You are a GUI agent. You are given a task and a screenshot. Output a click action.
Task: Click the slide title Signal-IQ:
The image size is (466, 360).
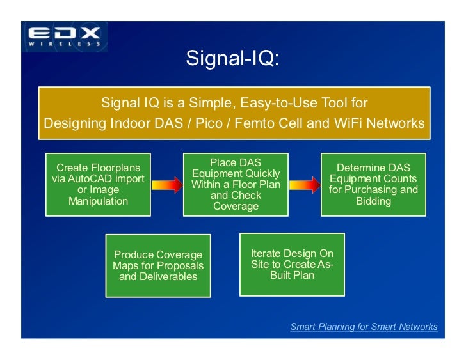point(232,58)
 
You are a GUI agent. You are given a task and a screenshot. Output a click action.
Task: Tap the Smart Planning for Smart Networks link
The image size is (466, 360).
point(364,327)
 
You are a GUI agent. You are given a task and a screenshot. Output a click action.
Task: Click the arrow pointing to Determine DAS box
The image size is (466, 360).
point(304,185)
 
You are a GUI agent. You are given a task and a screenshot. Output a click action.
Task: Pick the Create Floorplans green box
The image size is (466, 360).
point(98,184)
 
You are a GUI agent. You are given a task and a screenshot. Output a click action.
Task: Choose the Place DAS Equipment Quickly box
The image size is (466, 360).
point(236,184)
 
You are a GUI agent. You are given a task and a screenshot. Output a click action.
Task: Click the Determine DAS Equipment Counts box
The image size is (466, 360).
point(373,184)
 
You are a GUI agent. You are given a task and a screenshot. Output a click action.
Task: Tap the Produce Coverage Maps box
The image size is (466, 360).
point(158,265)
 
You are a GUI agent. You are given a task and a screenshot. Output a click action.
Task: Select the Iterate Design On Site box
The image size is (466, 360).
point(292,265)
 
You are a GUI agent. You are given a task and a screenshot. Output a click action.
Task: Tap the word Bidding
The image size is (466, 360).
point(373,201)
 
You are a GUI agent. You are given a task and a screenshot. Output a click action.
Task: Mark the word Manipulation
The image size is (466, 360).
point(98,201)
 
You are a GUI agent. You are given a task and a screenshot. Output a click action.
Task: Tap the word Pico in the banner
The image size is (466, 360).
point(206,123)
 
